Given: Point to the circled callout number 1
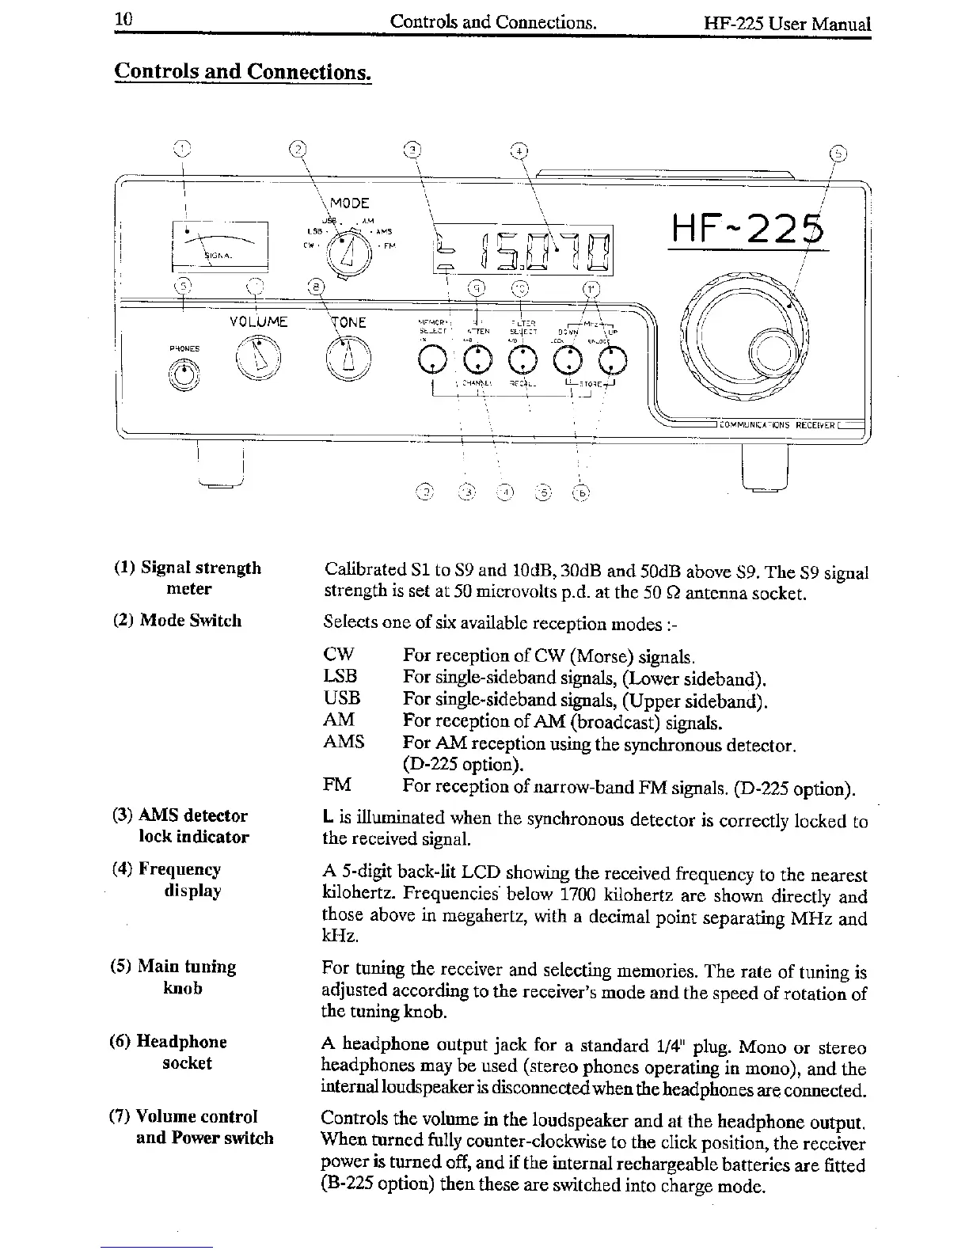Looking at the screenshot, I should point(181,149).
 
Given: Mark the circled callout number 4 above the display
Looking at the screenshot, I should point(519,150).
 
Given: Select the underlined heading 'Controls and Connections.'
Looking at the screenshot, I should point(242,71).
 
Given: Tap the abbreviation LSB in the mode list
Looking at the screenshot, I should point(340,676).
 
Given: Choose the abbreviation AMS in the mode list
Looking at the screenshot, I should point(344,742).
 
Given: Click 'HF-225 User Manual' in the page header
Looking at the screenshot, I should point(787,24).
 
